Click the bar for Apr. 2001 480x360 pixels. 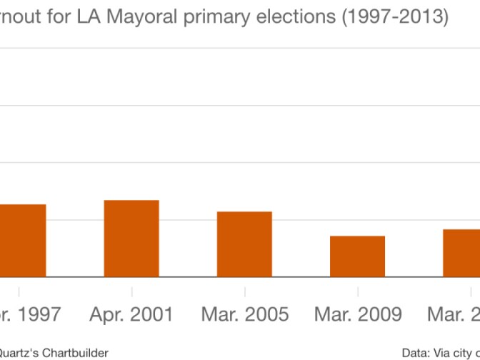(x=131, y=239)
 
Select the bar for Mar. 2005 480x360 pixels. (x=244, y=244)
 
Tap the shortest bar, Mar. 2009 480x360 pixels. (x=357, y=256)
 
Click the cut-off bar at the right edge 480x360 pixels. (x=461, y=253)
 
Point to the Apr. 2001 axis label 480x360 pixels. (x=131, y=314)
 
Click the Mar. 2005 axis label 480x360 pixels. (x=244, y=314)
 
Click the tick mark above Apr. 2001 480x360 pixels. (x=131, y=291)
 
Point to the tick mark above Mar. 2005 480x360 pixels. (x=244, y=291)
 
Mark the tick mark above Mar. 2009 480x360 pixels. (x=357, y=291)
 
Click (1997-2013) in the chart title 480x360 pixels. (x=394, y=18)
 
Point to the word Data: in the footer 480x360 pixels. (x=416, y=352)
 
